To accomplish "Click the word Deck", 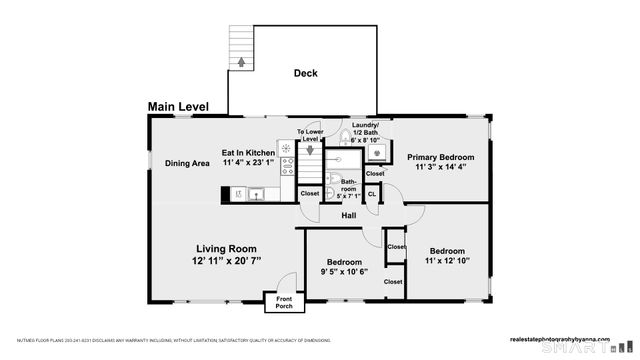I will (306, 73).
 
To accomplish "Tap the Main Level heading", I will (181, 106).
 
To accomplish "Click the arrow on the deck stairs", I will (240, 61).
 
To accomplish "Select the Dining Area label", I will (187, 163).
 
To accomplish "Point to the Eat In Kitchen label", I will (248, 153).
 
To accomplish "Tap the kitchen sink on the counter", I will (254, 194).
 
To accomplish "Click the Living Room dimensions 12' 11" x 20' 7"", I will (226, 260).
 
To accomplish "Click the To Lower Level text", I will (311, 135).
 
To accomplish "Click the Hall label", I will (349, 215).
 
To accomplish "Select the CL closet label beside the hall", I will (372, 193).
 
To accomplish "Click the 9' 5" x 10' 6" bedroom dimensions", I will (345, 270).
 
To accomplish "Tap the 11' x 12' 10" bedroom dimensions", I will (447, 261).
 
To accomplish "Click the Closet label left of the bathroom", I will (310, 193).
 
